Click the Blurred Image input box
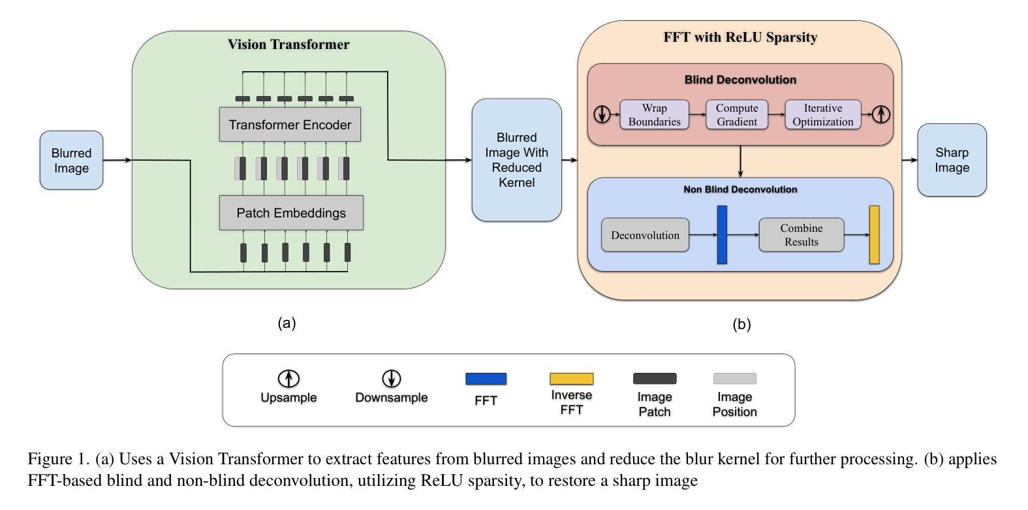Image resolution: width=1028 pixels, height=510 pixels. tap(71, 160)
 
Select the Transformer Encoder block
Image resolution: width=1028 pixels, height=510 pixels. tap(290, 125)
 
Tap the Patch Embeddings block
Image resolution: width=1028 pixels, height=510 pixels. tap(291, 213)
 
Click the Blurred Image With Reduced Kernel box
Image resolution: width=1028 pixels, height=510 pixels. tap(516, 160)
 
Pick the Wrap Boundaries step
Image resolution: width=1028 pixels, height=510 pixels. tap(654, 115)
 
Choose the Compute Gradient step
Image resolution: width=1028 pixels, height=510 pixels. tap(737, 115)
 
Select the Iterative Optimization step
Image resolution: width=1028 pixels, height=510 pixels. tap(822, 115)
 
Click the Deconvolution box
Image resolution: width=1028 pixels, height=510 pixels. tap(645, 235)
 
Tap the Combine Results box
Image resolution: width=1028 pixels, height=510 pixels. tap(801, 235)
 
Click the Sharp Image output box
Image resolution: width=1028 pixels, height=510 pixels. tap(952, 160)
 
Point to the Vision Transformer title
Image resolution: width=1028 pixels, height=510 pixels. tap(288, 44)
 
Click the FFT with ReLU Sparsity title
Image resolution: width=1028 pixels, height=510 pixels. tap(740, 37)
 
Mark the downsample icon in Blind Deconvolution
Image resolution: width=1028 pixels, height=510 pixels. tap(602, 115)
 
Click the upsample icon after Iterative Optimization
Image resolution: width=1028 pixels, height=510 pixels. tap(881, 114)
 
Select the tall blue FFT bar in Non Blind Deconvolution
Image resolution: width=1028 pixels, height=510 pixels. tap(722, 235)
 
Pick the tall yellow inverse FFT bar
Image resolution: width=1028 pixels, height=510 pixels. tap(874, 235)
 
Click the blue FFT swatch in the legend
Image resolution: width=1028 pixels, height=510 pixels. tap(486, 379)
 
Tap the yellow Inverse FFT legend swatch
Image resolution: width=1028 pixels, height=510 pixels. tap(571, 379)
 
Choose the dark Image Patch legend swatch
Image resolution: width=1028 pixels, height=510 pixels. tap(655, 379)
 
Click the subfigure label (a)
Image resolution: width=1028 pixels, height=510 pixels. tap(287, 323)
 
